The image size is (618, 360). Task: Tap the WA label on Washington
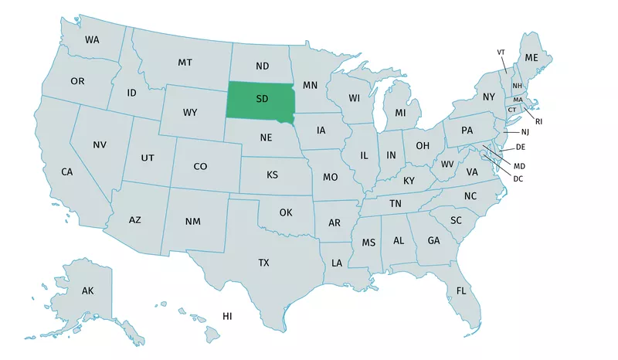click(92, 39)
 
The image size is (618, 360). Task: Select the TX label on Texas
click(263, 263)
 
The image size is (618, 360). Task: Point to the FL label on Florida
click(461, 291)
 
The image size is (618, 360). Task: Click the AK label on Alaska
click(87, 290)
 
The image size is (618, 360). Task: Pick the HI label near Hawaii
click(227, 316)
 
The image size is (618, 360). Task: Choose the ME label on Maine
click(531, 58)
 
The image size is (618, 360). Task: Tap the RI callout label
click(538, 121)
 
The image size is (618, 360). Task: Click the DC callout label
click(518, 178)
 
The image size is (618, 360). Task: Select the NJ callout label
click(525, 132)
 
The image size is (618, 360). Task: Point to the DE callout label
click(521, 147)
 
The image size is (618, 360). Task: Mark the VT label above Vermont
click(501, 52)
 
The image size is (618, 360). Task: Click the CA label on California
click(67, 172)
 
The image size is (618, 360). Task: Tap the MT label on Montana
click(185, 62)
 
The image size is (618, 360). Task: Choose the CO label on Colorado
click(200, 166)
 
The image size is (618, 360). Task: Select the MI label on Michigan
click(400, 113)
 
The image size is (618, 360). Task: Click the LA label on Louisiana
click(337, 263)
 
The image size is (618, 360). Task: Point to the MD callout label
click(519, 165)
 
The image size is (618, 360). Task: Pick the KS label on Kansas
click(272, 175)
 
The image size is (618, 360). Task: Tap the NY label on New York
click(488, 97)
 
